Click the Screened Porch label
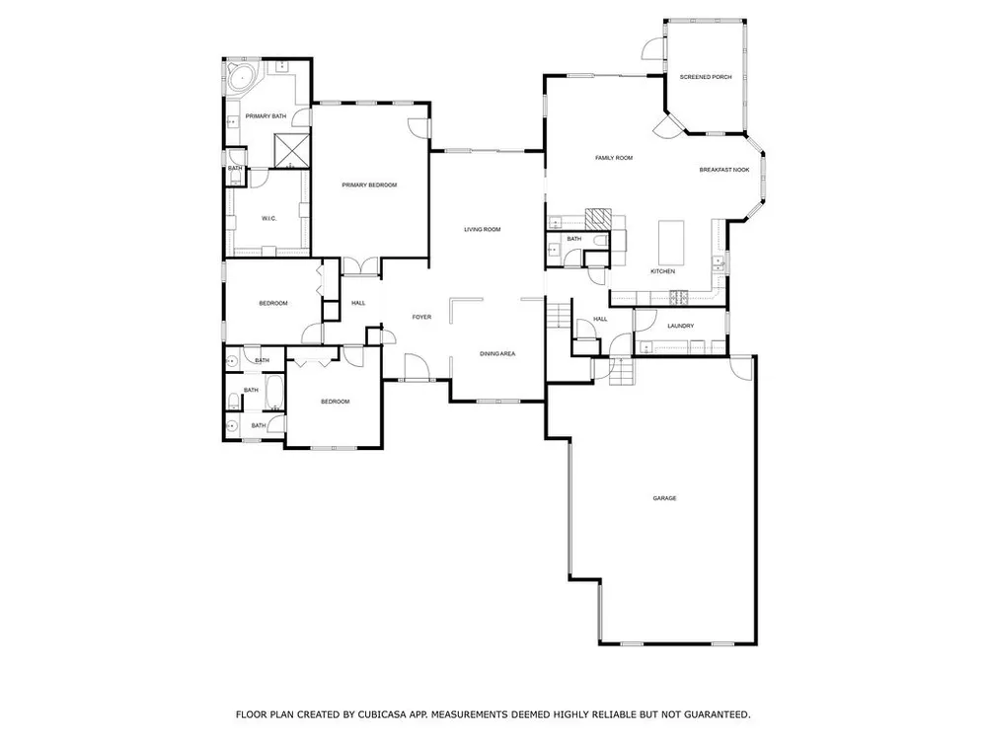[706, 77]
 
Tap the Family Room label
[614, 158]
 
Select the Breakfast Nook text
[723, 170]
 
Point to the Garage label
[664, 498]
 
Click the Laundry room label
[680, 326]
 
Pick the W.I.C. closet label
[268, 218]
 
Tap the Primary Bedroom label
[369, 185]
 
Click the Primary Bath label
[266, 116]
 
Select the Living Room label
[483, 230]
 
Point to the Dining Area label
[497, 354]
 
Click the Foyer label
[421, 317]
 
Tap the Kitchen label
[662, 271]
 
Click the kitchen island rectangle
[671, 243]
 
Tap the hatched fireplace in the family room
[597, 219]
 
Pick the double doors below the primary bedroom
[360, 266]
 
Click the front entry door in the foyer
[415, 367]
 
